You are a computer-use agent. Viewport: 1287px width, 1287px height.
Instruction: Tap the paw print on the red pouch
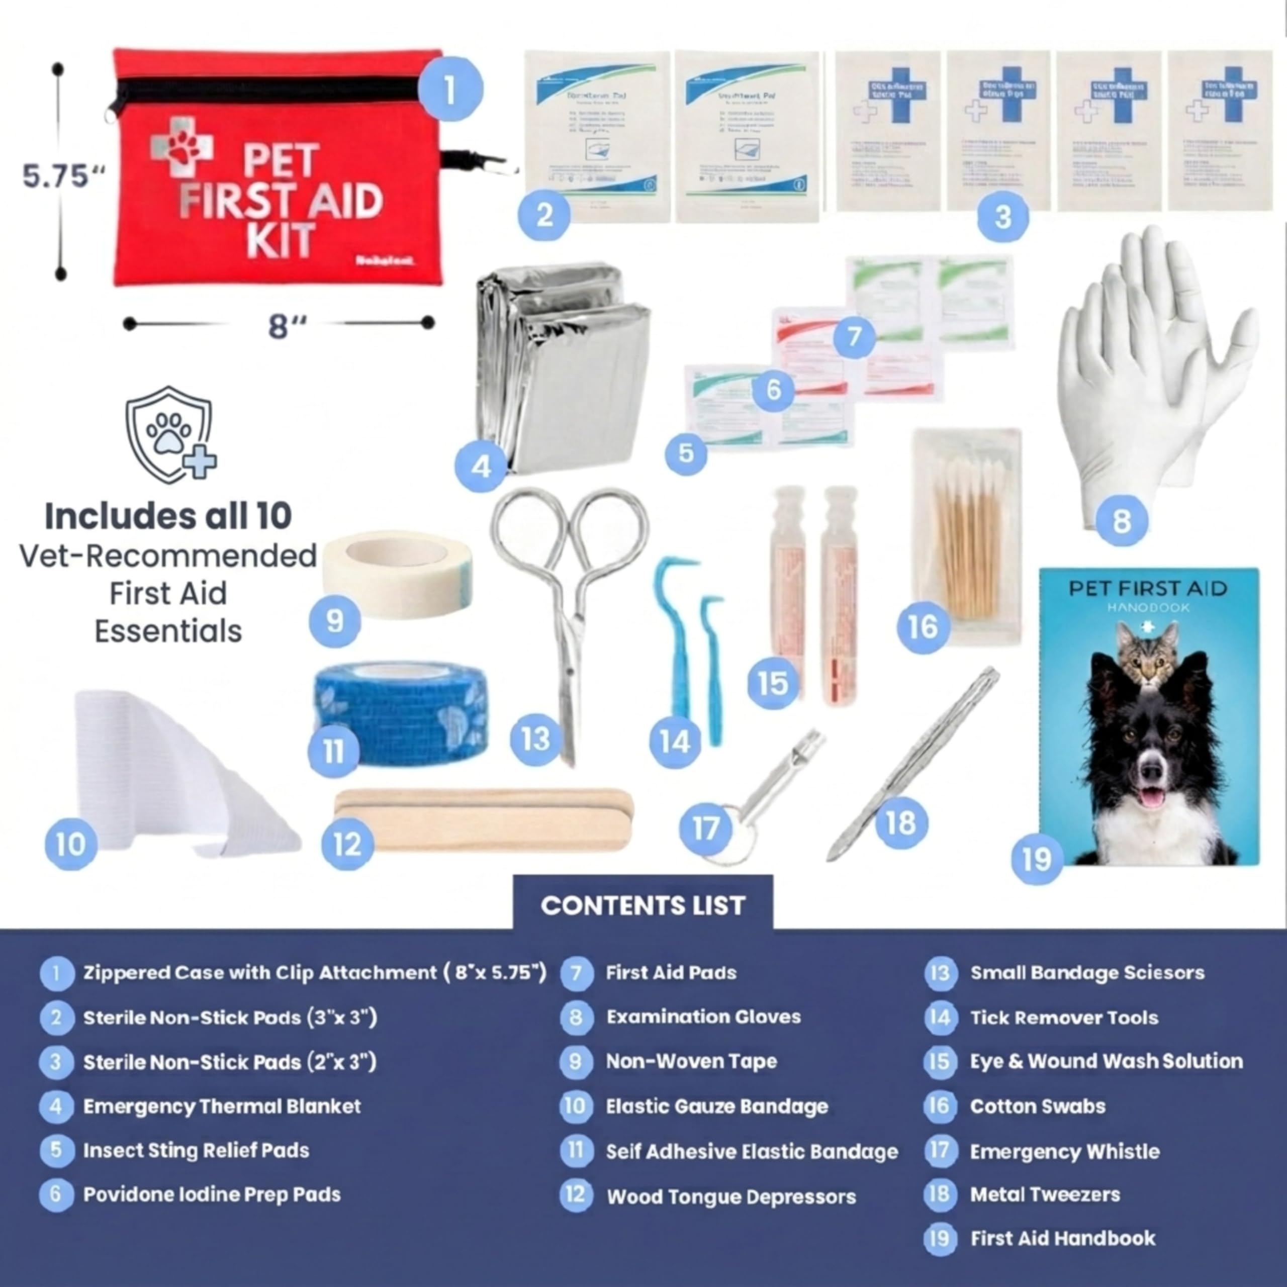(180, 147)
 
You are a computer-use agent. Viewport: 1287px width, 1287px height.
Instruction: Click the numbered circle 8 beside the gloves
(1121, 520)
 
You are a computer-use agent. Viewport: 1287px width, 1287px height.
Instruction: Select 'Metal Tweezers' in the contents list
(1045, 1194)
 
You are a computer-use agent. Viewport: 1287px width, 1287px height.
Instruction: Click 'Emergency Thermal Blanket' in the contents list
(222, 1107)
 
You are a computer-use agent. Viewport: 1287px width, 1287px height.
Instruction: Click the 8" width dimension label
(287, 326)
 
